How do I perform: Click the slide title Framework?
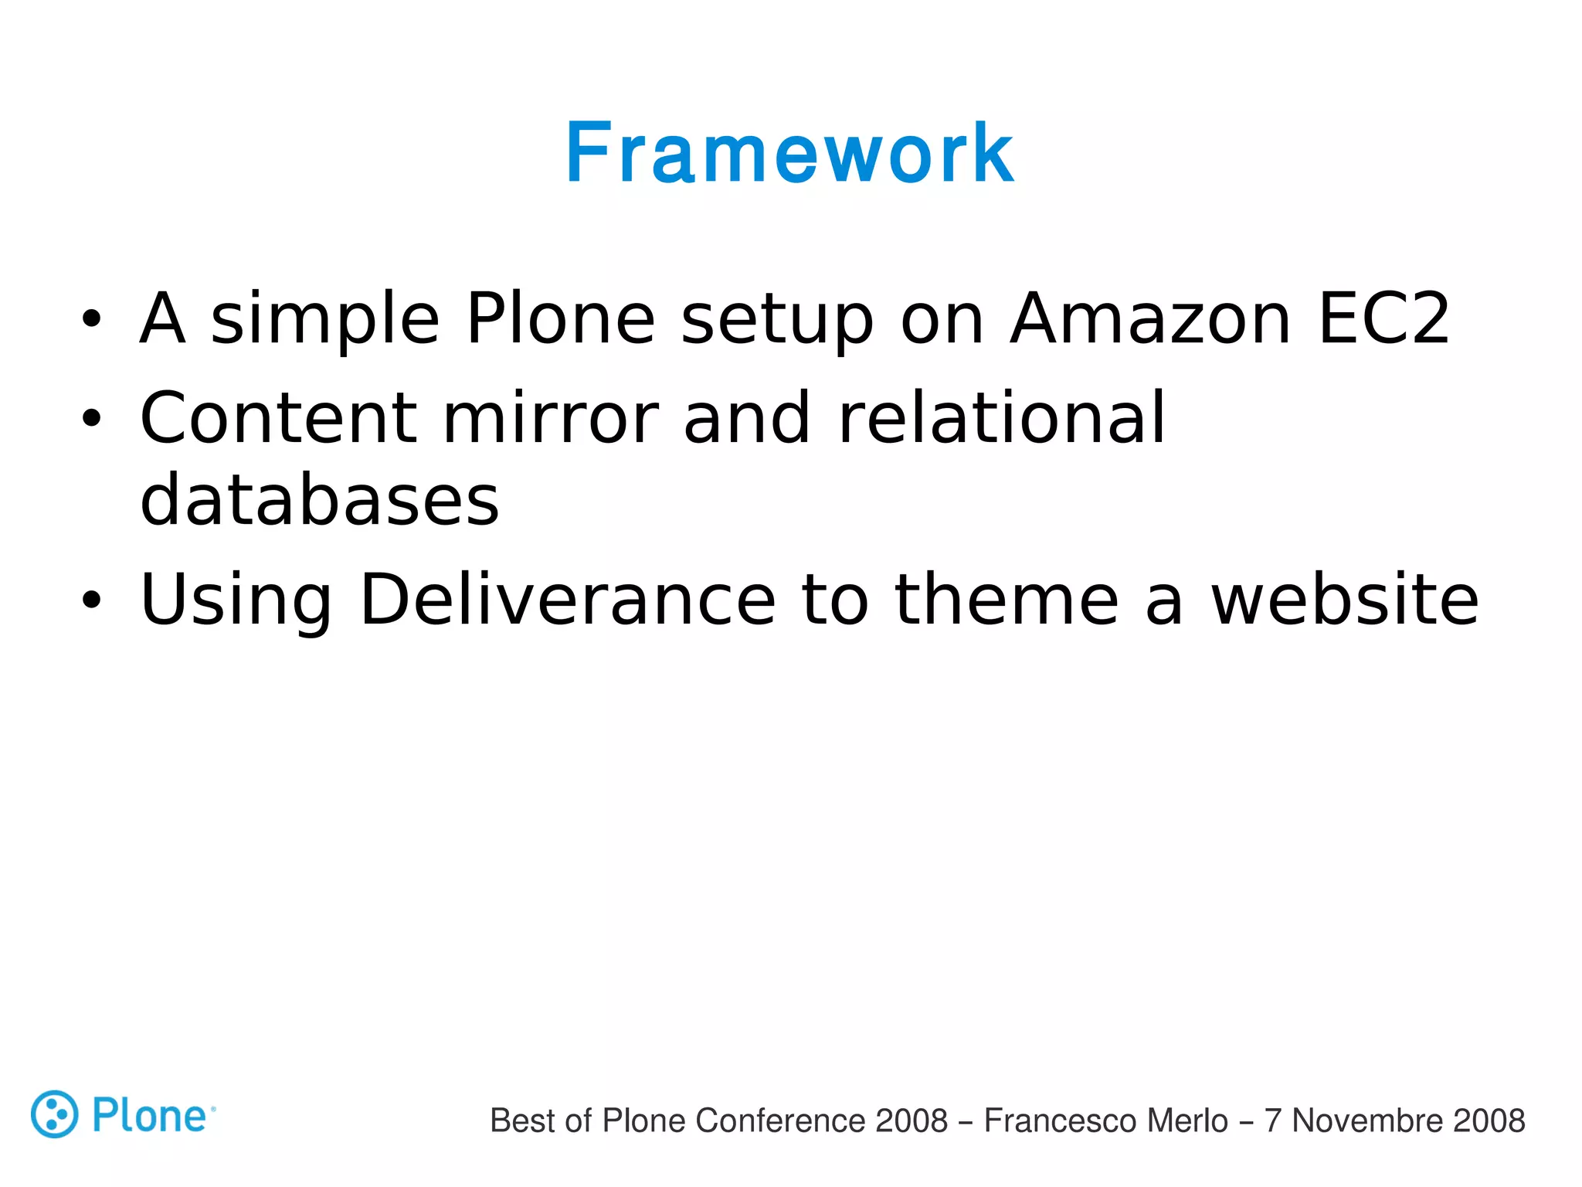(x=789, y=155)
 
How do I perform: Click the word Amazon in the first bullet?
(x=1150, y=318)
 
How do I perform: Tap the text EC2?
(x=1383, y=318)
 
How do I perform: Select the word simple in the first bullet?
(x=324, y=320)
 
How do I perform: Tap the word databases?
(x=320, y=501)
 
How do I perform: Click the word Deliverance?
(x=568, y=600)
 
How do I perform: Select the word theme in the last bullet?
(x=1007, y=600)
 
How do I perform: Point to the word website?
(x=1344, y=600)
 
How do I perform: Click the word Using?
(x=236, y=601)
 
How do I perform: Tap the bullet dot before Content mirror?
(x=91, y=420)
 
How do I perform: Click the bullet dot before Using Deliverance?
(x=91, y=600)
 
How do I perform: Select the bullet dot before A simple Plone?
(x=91, y=319)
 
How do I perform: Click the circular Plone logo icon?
(x=54, y=1114)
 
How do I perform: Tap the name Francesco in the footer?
(x=1046, y=1121)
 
